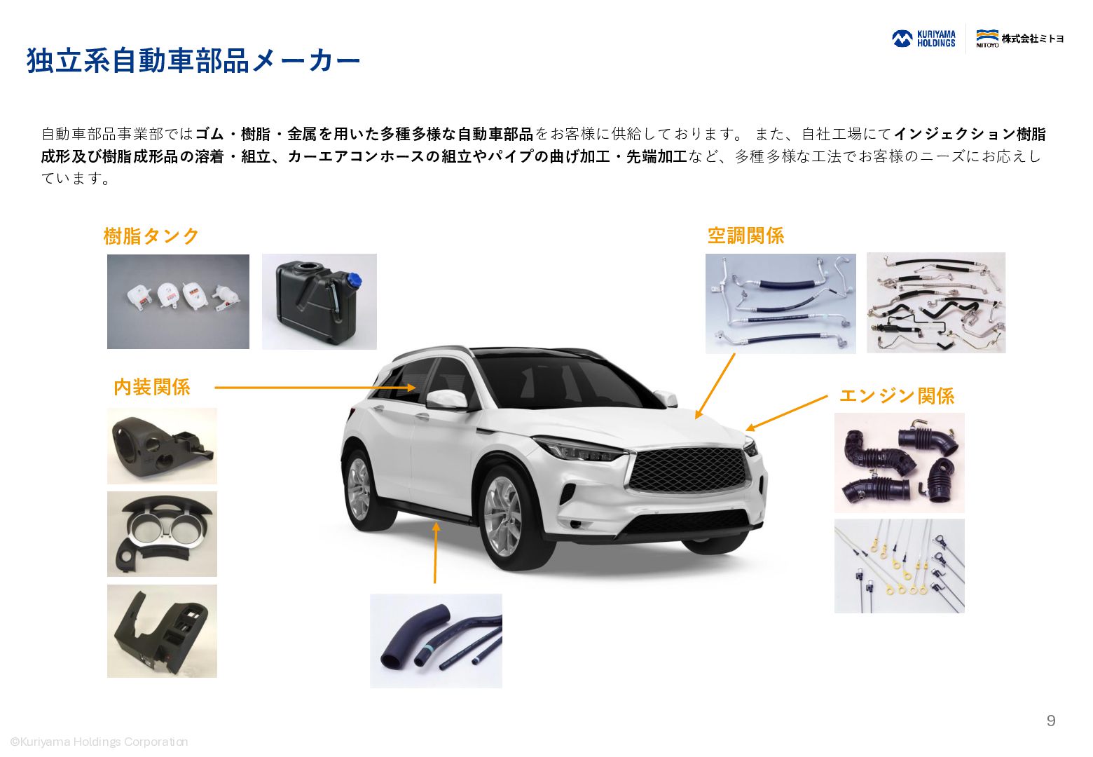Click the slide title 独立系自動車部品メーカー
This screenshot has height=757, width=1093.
click(193, 62)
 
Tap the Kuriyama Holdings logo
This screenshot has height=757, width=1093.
click(923, 39)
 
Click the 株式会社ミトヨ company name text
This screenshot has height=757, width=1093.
click(1033, 39)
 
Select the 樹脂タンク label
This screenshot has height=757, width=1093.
click(151, 236)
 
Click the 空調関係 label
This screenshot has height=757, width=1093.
click(745, 236)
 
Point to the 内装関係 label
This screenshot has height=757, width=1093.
click(152, 387)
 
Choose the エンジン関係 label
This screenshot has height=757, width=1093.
click(897, 396)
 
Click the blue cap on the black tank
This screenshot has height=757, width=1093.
click(354, 280)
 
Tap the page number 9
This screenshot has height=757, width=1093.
click(1051, 721)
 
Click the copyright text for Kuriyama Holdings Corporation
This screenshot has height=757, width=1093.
click(99, 742)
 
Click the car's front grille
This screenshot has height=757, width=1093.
click(689, 470)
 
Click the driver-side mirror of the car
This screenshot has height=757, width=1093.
click(447, 400)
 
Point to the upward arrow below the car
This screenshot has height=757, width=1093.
click(435, 552)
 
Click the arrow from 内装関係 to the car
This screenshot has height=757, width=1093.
click(315, 388)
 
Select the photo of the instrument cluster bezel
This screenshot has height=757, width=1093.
click(162, 534)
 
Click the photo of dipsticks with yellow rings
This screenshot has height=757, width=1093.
click(900, 566)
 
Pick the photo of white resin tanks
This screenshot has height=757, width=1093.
click(178, 301)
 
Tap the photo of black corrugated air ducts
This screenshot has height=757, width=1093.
click(900, 463)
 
